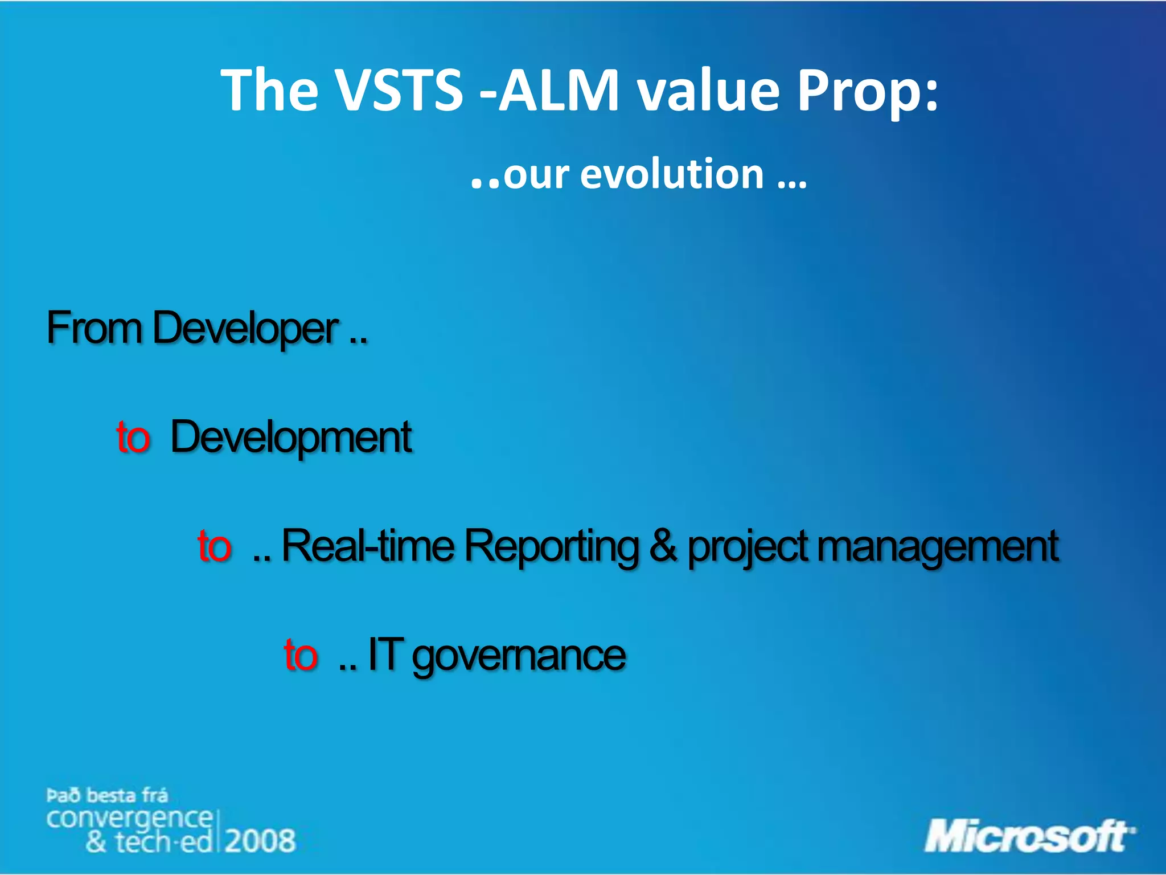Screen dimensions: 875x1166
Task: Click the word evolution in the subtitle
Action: pyautogui.click(x=672, y=174)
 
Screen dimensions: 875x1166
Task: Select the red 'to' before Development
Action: pyautogui.click(x=133, y=437)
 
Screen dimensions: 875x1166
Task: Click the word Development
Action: pyautogui.click(x=291, y=437)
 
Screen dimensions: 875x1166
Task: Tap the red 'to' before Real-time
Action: pyautogui.click(x=214, y=546)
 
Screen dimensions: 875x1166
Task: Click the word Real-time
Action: pyautogui.click(x=368, y=546)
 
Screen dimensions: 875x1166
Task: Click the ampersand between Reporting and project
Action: pyautogui.click(x=663, y=546)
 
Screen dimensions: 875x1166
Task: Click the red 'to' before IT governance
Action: pyautogui.click(x=301, y=655)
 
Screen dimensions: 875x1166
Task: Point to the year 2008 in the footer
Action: pyautogui.click(x=260, y=841)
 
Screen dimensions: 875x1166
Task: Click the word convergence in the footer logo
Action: pyautogui.click(x=129, y=819)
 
